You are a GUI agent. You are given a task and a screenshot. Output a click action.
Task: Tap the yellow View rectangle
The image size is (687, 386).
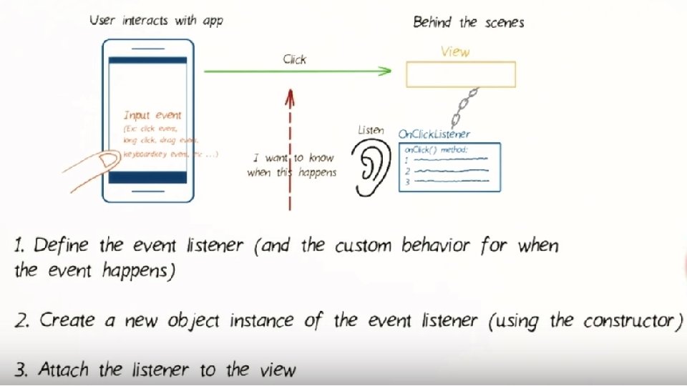[x=460, y=74]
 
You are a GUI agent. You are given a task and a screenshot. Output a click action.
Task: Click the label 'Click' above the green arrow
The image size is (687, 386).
[x=294, y=59]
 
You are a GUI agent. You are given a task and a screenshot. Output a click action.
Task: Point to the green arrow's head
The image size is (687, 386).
[x=386, y=71]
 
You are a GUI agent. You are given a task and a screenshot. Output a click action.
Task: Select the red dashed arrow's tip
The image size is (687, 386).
[x=289, y=94]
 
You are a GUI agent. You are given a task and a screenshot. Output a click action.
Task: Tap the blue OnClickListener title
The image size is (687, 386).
[x=434, y=134]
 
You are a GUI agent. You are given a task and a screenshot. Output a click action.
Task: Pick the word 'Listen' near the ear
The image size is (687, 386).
[x=371, y=130]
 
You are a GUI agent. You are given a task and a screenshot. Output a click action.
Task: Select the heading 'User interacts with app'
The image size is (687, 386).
[x=156, y=21]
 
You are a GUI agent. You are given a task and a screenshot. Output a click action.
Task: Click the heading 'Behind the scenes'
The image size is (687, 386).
[x=468, y=22]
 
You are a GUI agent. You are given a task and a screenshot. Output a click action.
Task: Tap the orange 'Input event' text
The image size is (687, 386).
[x=152, y=115]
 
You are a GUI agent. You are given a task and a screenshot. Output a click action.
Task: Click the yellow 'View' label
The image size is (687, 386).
[x=454, y=51]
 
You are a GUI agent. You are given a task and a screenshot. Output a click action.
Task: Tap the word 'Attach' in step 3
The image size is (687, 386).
[x=64, y=370]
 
